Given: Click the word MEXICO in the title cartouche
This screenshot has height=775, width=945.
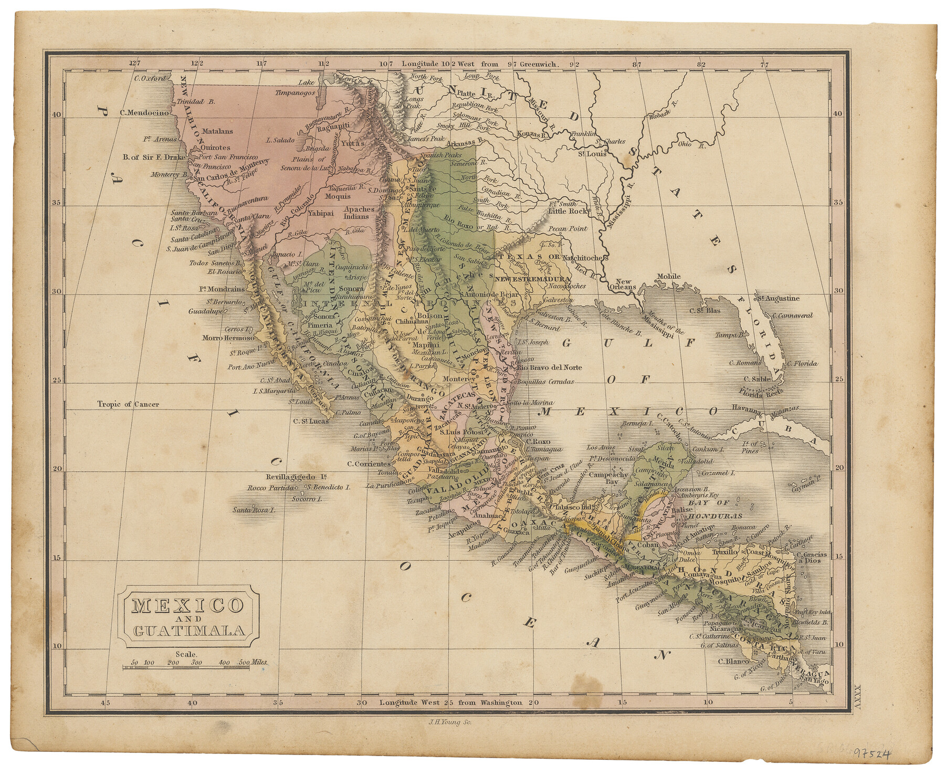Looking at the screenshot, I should pyautogui.click(x=188, y=605).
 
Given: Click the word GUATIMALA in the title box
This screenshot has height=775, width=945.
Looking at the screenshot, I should pyautogui.click(x=189, y=631).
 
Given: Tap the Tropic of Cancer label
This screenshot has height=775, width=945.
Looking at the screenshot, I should pyautogui.click(x=128, y=404).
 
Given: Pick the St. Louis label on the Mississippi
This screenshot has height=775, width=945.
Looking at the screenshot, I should pyautogui.click(x=592, y=154).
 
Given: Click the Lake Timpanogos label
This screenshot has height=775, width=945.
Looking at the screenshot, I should pyautogui.click(x=297, y=88).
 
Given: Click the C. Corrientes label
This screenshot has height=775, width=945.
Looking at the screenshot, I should pyautogui.click(x=369, y=464).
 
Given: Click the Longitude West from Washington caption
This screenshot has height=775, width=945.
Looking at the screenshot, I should pyautogui.click(x=451, y=703).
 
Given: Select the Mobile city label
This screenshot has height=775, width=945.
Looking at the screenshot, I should pyautogui.click(x=668, y=276).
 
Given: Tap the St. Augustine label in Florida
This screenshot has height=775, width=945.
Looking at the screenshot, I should pyautogui.click(x=779, y=298).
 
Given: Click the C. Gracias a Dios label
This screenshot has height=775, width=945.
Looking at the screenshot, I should pyautogui.click(x=812, y=558).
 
